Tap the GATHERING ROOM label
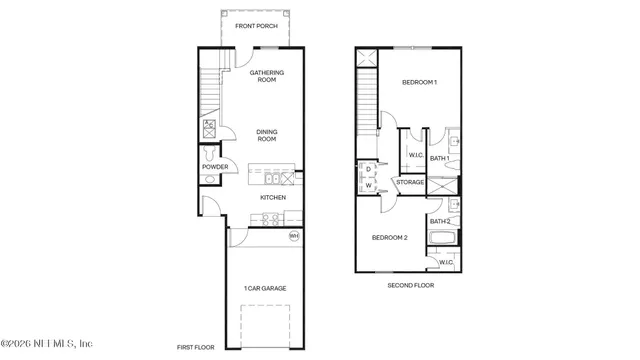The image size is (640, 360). click(x=266, y=76)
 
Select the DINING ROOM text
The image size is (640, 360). click(x=266, y=135)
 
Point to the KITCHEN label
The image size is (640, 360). click(x=273, y=198)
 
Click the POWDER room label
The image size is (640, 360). click(x=215, y=167)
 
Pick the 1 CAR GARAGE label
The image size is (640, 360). click(x=265, y=288)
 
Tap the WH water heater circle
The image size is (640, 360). click(x=294, y=236)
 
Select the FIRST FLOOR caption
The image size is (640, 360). click(x=196, y=347)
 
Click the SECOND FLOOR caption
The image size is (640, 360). click(x=411, y=285)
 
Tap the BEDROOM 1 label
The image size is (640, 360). click(x=419, y=82)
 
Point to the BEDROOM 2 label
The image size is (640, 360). click(x=390, y=237)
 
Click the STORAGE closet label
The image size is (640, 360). click(x=410, y=182)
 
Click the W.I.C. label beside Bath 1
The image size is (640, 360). click(x=415, y=155)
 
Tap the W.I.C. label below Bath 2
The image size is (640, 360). click(x=446, y=262)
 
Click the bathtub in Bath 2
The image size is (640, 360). click(x=442, y=239)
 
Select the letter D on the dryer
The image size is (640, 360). click(x=368, y=170)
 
